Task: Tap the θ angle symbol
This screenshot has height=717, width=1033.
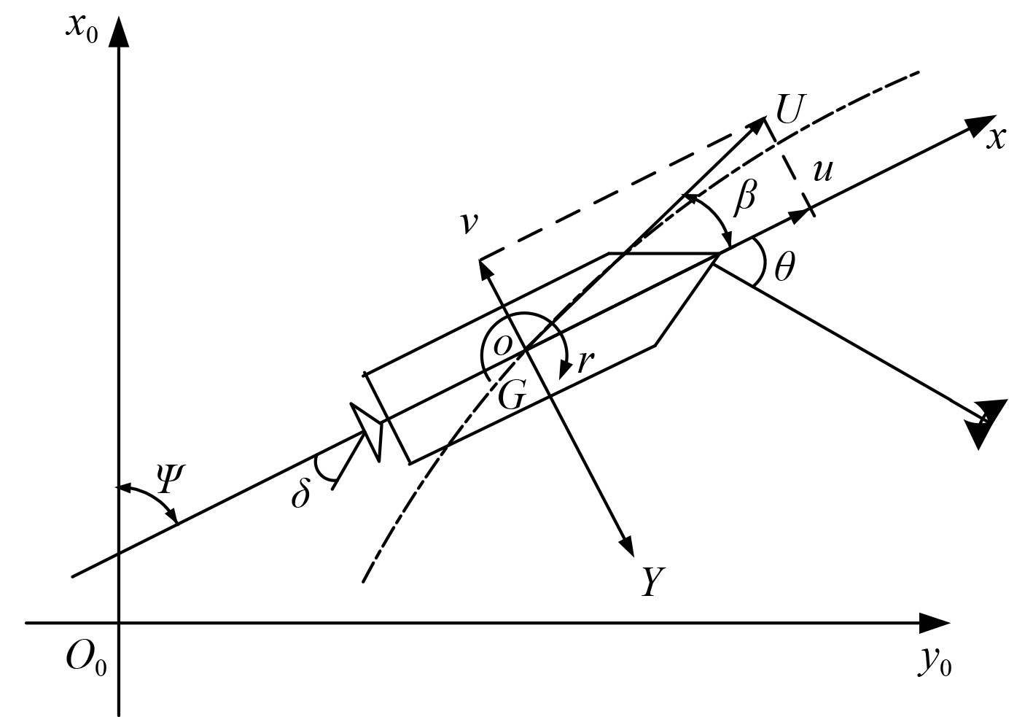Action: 784,269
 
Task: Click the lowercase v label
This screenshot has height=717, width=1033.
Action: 469,222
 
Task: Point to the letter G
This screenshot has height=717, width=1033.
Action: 511,396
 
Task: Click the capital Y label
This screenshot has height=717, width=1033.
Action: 652,582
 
